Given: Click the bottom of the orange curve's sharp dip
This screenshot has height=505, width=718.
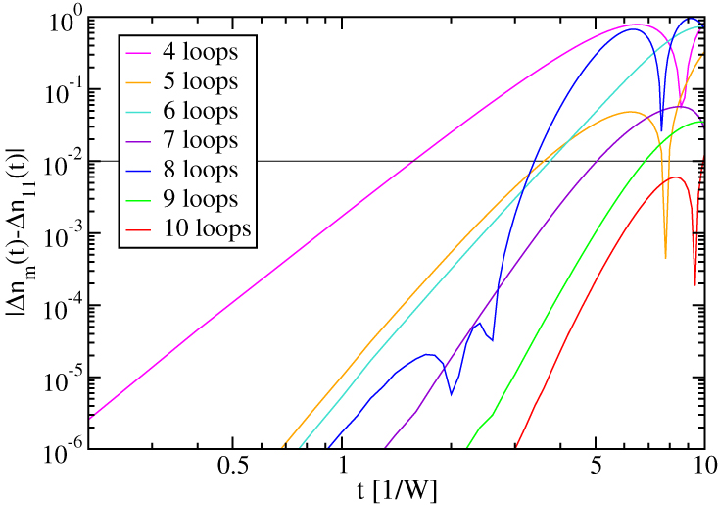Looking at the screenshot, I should [665, 258].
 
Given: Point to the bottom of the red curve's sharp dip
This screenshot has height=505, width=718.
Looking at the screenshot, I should [694, 285].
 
